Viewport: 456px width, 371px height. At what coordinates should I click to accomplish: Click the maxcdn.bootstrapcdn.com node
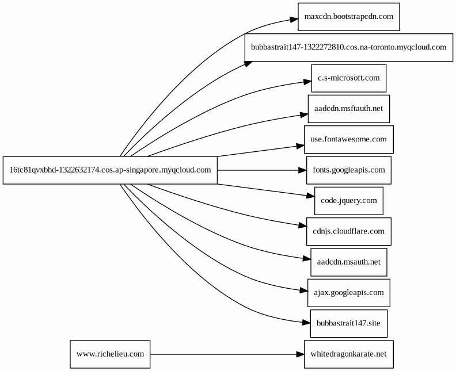point(349,17)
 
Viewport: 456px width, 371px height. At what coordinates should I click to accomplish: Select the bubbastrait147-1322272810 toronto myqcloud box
point(349,47)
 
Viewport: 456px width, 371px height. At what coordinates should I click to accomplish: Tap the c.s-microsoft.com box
point(349,78)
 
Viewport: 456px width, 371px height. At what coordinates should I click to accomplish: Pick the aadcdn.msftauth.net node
point(349,109)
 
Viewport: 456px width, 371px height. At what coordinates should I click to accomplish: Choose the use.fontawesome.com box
point(349,139)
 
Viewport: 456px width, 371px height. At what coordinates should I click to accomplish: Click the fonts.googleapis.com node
point(349,170)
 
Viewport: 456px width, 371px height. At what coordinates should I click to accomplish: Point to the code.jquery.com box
point(349,201)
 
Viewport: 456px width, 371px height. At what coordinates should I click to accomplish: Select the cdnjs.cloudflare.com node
point(349,232)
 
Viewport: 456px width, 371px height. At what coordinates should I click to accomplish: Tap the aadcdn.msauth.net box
point(349,262)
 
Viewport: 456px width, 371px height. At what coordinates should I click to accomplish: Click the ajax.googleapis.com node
point(349,293)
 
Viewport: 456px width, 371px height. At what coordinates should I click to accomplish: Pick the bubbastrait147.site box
point(349,324)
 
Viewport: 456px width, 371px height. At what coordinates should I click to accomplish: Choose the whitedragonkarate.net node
point(349,354)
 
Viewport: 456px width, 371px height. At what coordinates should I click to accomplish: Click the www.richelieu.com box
point(110,354)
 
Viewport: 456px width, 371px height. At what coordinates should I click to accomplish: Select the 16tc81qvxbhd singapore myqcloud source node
point(110,170)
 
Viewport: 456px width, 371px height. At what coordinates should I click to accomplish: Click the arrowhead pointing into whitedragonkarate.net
point(300,354)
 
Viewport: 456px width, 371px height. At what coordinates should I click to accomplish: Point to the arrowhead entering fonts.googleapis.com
point(302,170)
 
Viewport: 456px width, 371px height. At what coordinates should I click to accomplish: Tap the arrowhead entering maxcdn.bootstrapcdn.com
point(294,20)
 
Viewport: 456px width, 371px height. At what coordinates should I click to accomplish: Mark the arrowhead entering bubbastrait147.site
point(306,322)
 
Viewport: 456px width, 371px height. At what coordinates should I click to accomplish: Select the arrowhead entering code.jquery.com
point(310,196)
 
